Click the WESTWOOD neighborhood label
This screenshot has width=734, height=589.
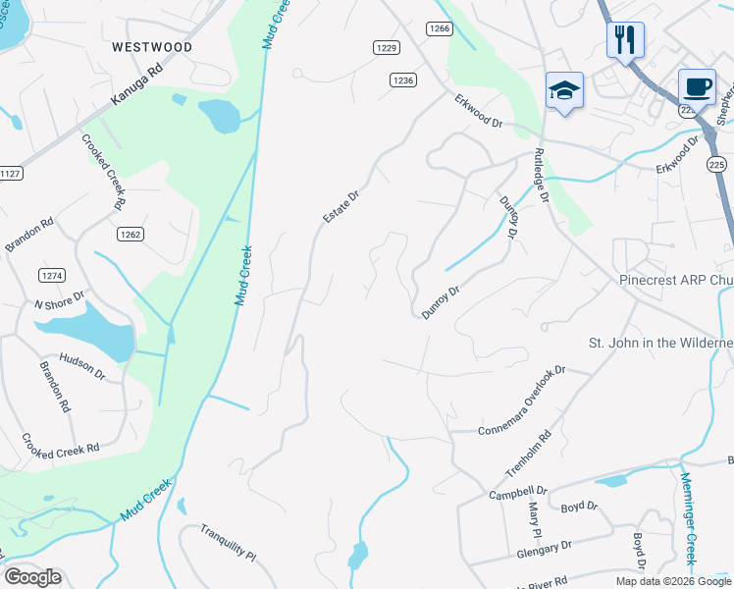[152, 47]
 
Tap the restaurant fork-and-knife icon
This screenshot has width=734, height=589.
[625, 40]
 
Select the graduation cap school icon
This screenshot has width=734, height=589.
[564, 91]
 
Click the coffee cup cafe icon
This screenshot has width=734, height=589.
[697, 86]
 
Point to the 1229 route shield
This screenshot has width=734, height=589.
[387, 47]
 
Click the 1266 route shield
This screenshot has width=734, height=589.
[439, 29]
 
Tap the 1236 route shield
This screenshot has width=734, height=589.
[402, 80]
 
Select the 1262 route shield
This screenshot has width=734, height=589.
[131, 234]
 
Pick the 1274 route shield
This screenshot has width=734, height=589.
[51, 274]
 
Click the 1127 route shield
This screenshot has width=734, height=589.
[10, 173]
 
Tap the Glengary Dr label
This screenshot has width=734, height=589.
[544, 551]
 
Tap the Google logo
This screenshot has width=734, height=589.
[32, 577]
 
